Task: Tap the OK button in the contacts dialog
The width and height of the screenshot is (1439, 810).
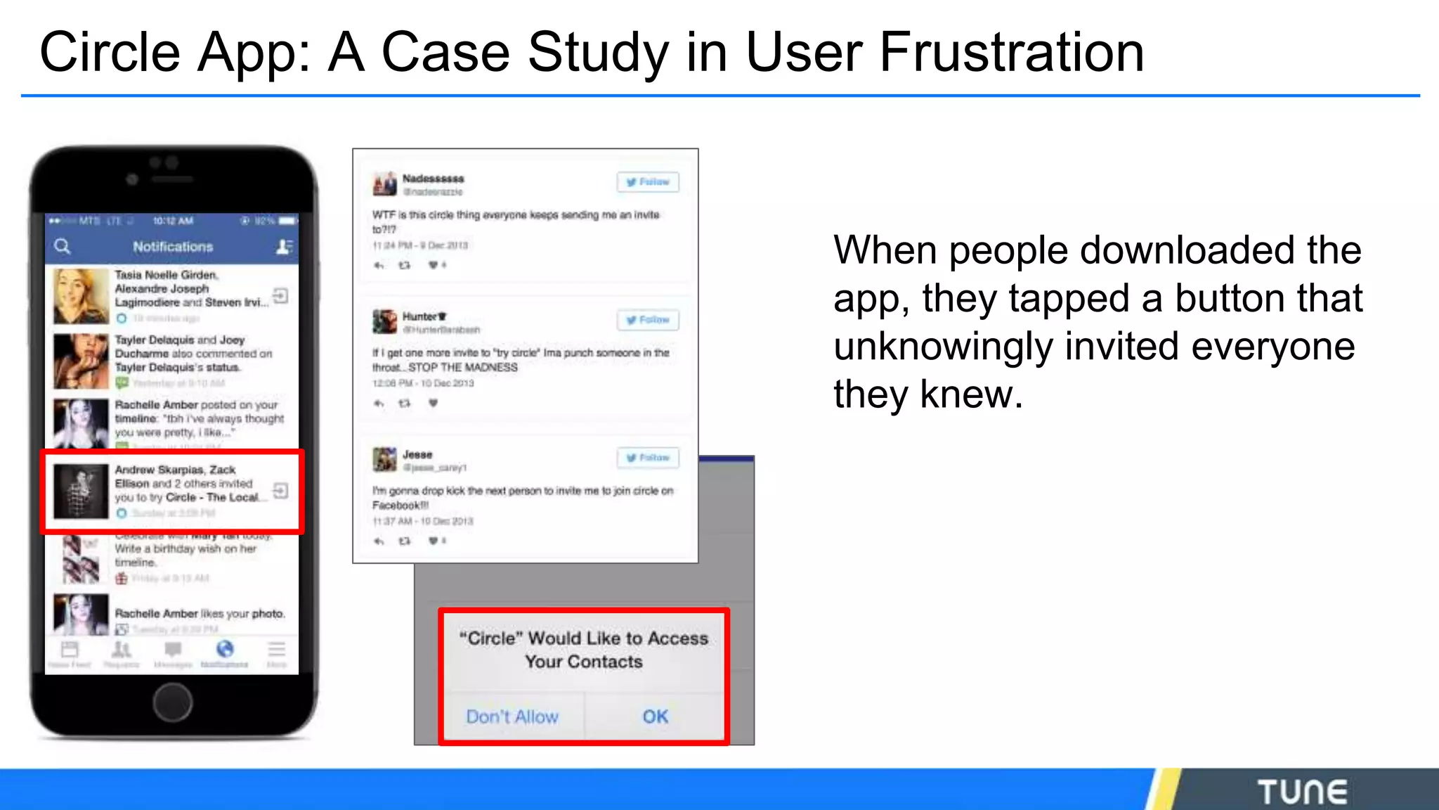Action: (655, 716)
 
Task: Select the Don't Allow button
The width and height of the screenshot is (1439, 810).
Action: (512, 716)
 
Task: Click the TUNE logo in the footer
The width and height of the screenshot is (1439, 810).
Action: (1302, 792)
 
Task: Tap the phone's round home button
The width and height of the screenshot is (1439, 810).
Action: (172, 702)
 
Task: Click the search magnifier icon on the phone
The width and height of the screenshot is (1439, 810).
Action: (63, 246)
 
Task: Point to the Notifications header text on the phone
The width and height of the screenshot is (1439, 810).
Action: (173, 247)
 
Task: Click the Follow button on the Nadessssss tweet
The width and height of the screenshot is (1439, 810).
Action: (648, 182)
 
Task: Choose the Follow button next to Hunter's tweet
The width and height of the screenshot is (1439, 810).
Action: (648, 320)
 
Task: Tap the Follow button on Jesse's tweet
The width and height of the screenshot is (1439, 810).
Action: (648, 458)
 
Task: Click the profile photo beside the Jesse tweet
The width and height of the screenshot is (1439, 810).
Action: (384, 460)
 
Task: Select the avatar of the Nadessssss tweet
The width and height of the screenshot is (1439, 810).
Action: (384, 184)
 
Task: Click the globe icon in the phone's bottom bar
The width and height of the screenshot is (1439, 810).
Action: (225, 649)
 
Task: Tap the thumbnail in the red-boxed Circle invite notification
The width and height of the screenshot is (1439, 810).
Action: (81, 491)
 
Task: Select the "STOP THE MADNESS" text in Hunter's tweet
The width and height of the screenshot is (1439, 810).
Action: (463, 368)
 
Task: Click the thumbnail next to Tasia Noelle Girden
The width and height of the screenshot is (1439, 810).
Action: (81, 296)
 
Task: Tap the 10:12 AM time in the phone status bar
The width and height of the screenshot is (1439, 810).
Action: (173, 221)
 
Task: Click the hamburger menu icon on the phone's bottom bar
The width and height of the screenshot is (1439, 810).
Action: (277, 649)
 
